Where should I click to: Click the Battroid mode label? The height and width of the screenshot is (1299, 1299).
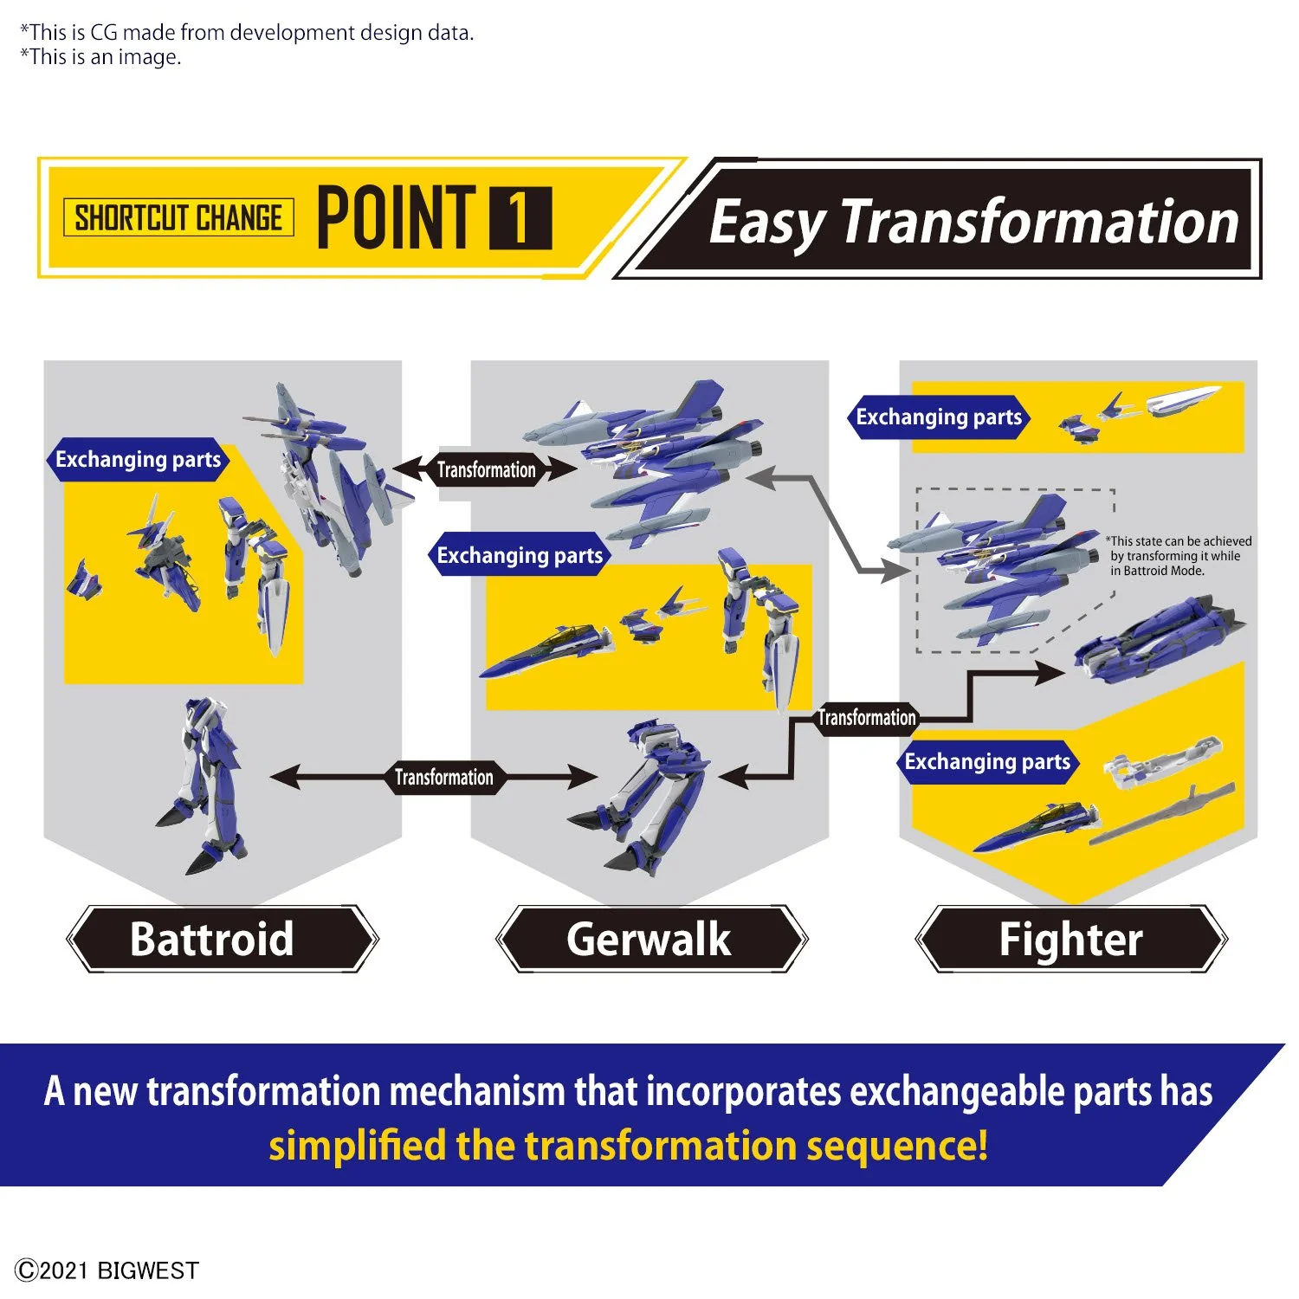[x=212, y=939]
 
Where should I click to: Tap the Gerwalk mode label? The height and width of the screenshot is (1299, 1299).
[x=649, y=939]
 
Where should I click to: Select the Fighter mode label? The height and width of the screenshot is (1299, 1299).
[x=1071, y=939]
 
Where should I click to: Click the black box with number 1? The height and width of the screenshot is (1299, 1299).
[x=520, y=218]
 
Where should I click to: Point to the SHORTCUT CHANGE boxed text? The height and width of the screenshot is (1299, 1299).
[x=178, y=217]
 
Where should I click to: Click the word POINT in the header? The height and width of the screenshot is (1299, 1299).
[x=397, y=217]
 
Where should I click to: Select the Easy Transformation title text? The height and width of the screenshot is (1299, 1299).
[x=974, y=222]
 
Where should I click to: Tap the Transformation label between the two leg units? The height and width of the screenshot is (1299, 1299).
[x=444, y=777]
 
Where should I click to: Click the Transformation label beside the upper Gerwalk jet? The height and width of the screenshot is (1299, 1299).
[x=486, y=469]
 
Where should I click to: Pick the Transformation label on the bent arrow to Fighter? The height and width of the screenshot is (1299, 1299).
[x=867, y=718]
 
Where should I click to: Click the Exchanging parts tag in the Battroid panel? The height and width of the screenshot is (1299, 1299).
[x=138, y=459]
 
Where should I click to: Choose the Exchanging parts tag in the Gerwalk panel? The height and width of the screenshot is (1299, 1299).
[x=520, y=555]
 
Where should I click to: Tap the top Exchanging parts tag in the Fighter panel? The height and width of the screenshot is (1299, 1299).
[x=939, y=417]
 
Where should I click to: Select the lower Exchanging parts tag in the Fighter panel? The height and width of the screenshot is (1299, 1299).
[x=987, y=762]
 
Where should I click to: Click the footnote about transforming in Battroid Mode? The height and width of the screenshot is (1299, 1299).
[x=1179, y=556]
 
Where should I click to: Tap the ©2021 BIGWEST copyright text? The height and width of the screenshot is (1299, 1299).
[x=107, y=1270]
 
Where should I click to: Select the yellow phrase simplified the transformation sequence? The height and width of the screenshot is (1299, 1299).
[x=628, y=1146]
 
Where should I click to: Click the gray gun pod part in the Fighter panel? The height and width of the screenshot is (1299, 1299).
[x=1160, y=815]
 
